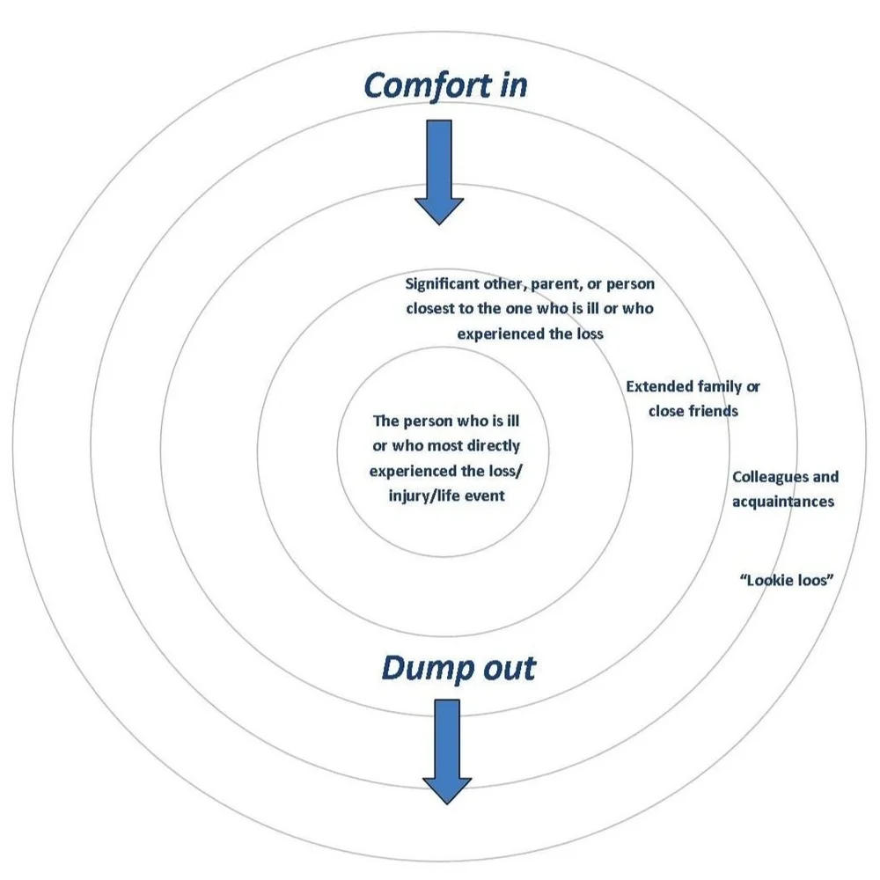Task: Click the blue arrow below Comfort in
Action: pyautogui.click(x=438, y=172)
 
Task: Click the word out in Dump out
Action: pyautogui.click(x=504, y=668)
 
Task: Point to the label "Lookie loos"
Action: pyautogui.click(x=786, y=581)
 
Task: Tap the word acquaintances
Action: pyautogui.click(x=783, y=502)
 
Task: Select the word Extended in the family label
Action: pyautogui.click(x=659, y=386)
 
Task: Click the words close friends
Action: pyautogui.click(x=693, y=411)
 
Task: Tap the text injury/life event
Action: pyautogui.click(x=446, y=495)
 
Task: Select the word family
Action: pyautogui.click(x=719, y=386)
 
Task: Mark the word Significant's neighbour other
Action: pyautogui.click(x=510, y=284)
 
